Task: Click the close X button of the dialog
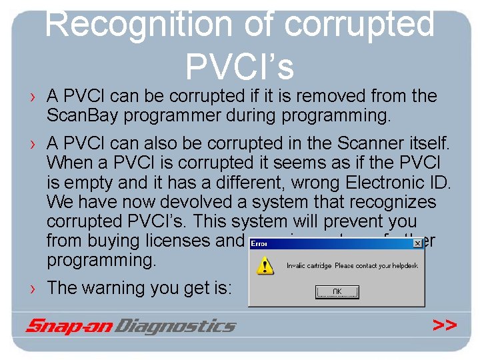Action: (x=418, y=244)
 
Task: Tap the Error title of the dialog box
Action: (x=259, y=244)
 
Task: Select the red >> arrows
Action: (x=444, y=325)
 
